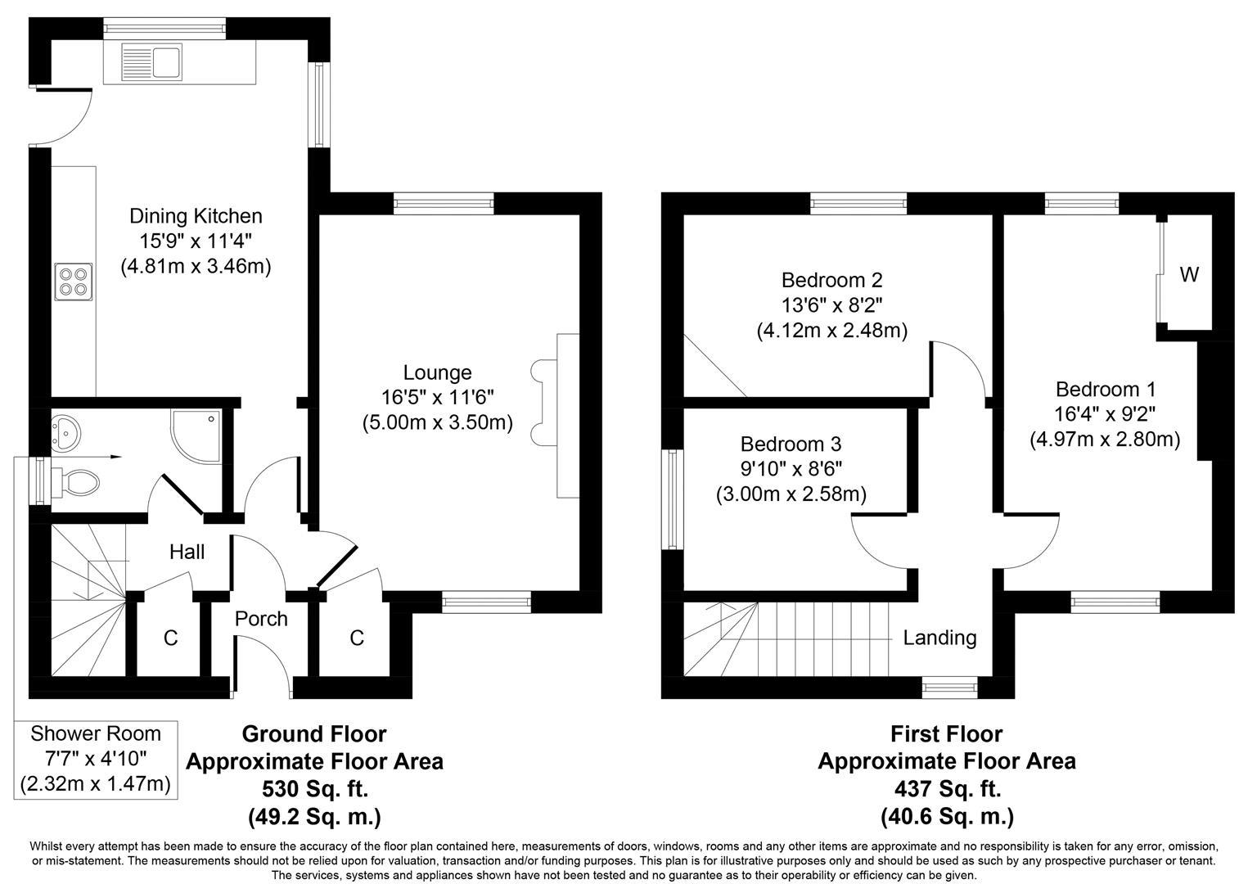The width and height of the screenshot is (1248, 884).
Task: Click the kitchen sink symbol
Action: tap(151, 61)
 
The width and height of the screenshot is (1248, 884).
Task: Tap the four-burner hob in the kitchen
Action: tap(73, 281)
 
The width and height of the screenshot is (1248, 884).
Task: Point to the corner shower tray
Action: tap(196, 431)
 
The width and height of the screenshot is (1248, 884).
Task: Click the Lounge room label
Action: tap(437, 372)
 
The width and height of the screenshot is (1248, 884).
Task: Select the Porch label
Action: tap(261, 618)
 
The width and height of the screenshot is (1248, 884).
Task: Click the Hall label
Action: tap(187, 552)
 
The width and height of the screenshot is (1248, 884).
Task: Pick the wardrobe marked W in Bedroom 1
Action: tap(1188, 275)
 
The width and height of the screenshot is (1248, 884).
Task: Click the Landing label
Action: tap(939, 637)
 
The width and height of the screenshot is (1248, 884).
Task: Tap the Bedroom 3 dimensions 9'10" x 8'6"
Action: tap(791, 469)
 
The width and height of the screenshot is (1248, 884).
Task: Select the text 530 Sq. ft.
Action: tap(314, 789)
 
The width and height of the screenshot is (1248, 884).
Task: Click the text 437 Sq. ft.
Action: tap(947, 789)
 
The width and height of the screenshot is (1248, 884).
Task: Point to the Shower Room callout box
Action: tap(96, 759)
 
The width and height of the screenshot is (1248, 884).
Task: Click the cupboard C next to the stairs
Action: tap(170, 638)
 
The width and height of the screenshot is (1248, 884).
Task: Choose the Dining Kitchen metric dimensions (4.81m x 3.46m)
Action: tap(196, 266)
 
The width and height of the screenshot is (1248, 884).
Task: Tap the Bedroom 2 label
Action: tap(831, 280)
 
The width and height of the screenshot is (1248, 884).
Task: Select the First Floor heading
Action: tap(946, 733)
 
